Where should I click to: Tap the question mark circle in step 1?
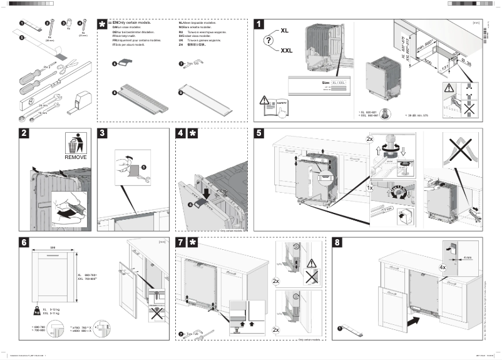[270, 41]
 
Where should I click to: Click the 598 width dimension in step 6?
[54, 247]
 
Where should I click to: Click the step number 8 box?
[339, 242]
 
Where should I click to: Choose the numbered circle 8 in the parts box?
[115, 93]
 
